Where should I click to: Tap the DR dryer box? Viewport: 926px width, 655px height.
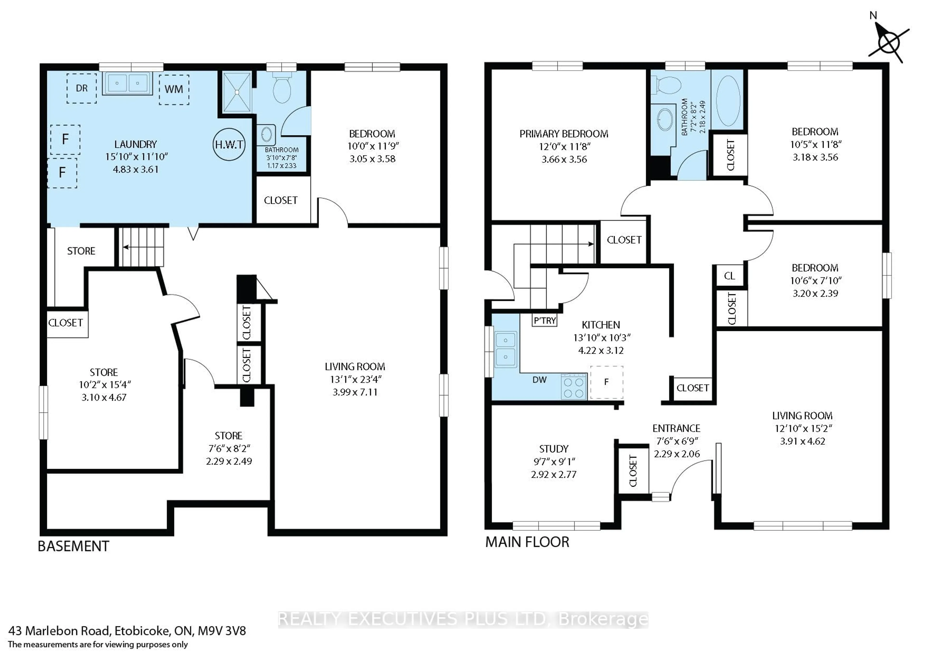pos(82,88)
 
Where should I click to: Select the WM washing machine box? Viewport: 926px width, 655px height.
pos(174,89)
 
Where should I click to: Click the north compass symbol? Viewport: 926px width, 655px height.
pos(888,42)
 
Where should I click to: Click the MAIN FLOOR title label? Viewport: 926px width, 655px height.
pos(527,542)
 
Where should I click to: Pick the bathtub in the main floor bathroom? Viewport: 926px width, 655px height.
pos(728,101)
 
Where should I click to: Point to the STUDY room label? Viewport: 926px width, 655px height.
pos(554,449)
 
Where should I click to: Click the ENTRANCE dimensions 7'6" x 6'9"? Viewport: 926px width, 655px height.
pos(676,441)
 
